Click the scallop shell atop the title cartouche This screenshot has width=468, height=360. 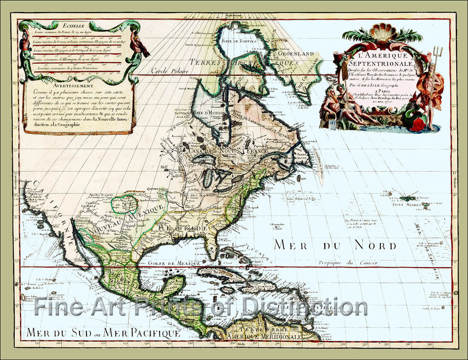(383, 32)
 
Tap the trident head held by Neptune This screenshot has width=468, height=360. (437, 51)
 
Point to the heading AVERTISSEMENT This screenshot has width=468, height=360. (79, 85)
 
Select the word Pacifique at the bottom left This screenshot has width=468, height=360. (154, 332)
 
